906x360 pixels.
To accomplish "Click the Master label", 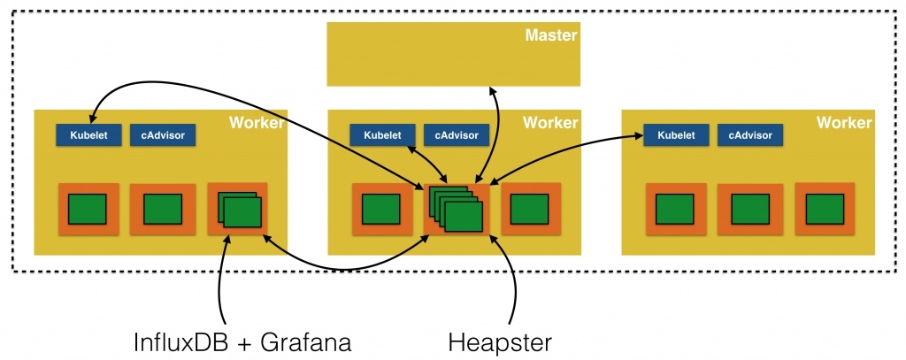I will (x=550, y=36).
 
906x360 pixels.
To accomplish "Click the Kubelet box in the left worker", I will (x=88, y=135).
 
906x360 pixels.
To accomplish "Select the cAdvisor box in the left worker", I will (x=163, y=135).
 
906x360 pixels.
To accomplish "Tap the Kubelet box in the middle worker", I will (x=382, y=135).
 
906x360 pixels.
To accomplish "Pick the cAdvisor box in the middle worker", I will (x=457, y=135).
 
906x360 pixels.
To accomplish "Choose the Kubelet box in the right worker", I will (x=676, y=135).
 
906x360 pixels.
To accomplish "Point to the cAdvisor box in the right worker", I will (x=750, y=135).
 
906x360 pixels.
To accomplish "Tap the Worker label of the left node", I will (x=257, y=123).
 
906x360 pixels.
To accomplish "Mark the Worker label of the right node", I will (x=843, y=123).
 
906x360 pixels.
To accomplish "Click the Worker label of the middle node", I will (x=549, y=123).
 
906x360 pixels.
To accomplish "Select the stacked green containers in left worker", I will (x=238, y=210).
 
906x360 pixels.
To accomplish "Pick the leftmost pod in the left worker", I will (x=88, y=210).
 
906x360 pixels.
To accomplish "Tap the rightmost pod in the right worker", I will (x=825, y=210).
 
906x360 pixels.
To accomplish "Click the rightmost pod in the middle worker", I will (x=531, y=210).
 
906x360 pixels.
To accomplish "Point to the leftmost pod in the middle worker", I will (x=382, y=210).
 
